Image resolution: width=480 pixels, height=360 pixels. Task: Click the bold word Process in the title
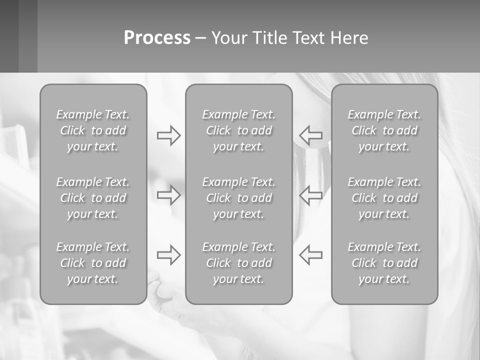(x=157, y=38)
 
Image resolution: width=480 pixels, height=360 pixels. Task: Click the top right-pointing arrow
(x=168, y=135)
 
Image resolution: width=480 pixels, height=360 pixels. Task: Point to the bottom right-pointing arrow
(x=168, y=254)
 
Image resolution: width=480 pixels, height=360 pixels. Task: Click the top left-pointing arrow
(x=310, y=135)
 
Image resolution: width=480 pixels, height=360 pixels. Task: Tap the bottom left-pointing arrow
(x=310, y=254)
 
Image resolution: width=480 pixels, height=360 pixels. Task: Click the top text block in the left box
(x=93, y=130)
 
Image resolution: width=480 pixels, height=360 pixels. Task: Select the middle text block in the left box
(x=93, y=198)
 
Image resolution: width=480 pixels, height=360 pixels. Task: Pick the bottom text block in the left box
(x=93, y=263)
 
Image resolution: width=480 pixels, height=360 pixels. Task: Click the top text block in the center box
(x=238, y=130)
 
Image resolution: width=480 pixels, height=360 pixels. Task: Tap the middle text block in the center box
(x=238, y=198)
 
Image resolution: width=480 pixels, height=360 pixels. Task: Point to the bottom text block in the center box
(x=238, y=263)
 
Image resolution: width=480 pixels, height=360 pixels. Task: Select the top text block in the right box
(x=384, y=130)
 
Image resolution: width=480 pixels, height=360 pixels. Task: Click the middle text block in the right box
(x=384, y=198)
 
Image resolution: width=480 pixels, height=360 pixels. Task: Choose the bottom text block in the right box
(x=384, y=263)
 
